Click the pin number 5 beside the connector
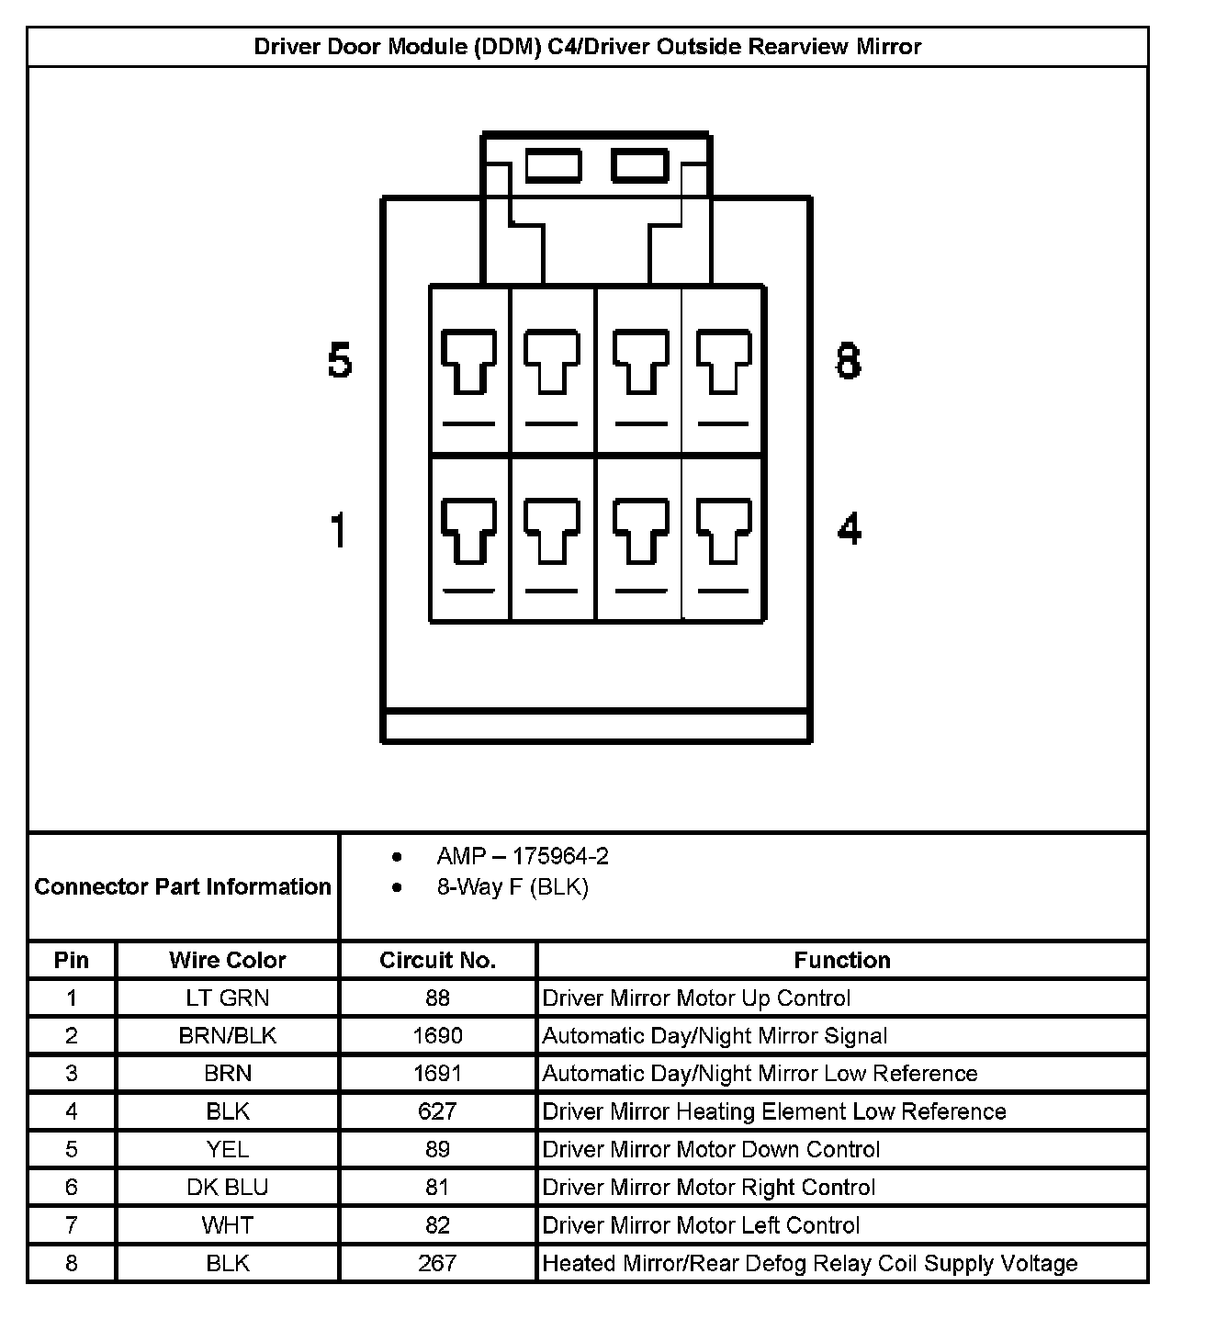(340, 360)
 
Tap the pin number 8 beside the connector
(849, 360)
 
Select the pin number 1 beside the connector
(339, 530)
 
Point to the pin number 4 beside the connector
(850, 529)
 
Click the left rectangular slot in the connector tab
(553, 166)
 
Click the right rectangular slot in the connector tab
(640, 166)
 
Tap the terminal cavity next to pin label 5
(469, 369)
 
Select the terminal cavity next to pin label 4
(724, 538)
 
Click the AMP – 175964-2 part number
(523, 856)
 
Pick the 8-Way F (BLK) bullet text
(512, 887)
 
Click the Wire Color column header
(228, 960)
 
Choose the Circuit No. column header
(437, 960)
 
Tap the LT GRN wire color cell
(228, 998)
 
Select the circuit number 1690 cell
(437, 1036)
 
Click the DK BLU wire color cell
(228, 1188)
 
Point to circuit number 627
(437, 1111)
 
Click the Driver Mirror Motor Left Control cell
(701, 1225)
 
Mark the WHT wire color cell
(228, 1225)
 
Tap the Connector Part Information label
(183, 886)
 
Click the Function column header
(842, 960)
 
